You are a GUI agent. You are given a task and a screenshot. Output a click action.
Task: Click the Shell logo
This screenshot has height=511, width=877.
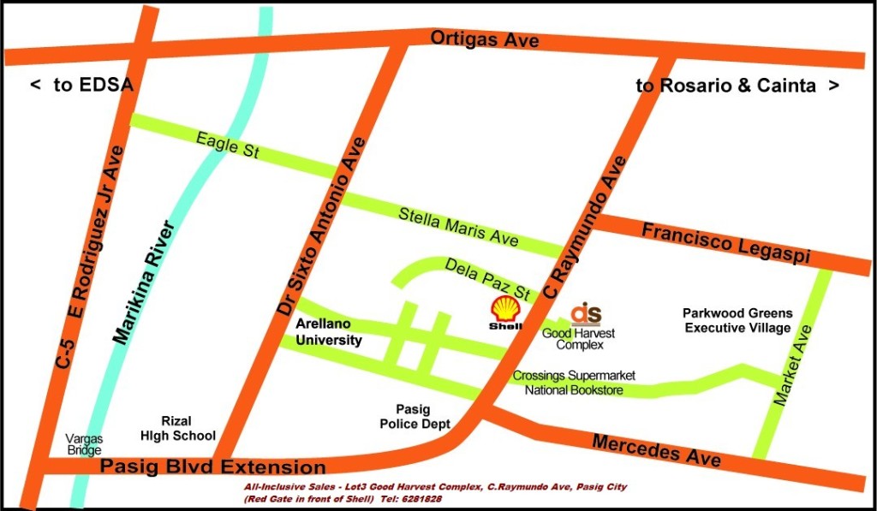pos(504,313)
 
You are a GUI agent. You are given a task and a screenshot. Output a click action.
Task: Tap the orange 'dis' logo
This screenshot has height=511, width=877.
pos(587,313)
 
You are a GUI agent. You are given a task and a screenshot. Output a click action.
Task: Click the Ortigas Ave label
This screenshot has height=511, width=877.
pos(484,39)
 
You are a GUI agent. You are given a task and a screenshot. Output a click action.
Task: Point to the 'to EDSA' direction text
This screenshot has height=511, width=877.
pos(82,85)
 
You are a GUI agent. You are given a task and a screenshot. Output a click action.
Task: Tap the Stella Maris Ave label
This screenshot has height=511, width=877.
pos(458,227)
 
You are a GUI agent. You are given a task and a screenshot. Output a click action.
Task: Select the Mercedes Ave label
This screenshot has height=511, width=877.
pos(657,450)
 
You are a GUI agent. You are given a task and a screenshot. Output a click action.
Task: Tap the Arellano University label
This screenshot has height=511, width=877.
pos(329,332)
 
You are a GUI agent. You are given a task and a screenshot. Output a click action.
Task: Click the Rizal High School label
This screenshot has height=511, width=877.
pos(177,428)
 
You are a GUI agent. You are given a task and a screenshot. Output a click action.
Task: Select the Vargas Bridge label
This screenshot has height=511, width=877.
pos(85,444)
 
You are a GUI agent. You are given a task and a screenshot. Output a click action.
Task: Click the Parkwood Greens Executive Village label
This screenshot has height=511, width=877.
pos(737,320)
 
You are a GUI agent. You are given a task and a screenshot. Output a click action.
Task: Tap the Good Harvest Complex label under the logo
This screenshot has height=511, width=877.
pos(579,339)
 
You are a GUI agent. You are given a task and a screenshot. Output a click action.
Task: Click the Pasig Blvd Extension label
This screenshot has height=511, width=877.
pos(213,467)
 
